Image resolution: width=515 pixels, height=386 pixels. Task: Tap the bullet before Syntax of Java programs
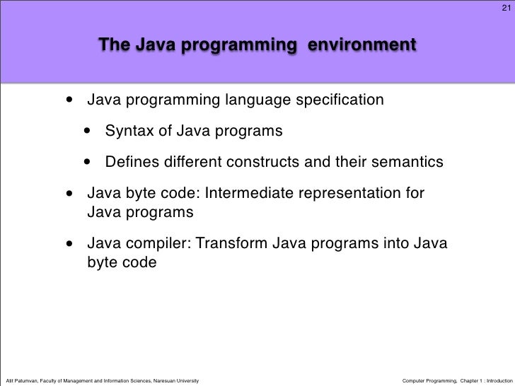88,132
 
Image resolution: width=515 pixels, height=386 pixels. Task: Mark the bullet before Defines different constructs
88,163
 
